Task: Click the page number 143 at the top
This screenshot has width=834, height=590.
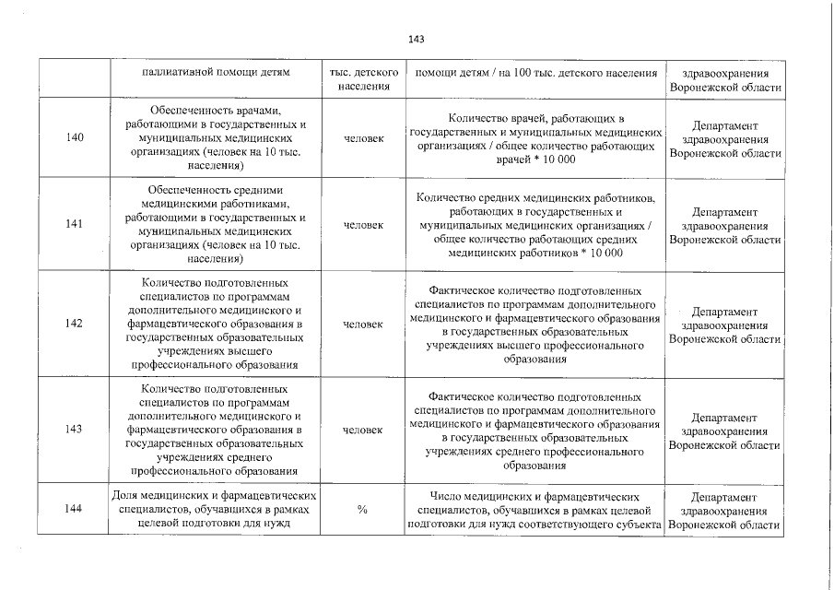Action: [416, 39]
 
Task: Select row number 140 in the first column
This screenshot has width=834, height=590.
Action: [76, 138]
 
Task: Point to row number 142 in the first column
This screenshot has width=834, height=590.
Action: [76, 324]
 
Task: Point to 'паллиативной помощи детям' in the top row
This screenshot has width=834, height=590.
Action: [217, 72]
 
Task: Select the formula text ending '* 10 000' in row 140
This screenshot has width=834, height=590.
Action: [535, 138]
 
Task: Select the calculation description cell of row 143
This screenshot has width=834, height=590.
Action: [535, 430]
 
